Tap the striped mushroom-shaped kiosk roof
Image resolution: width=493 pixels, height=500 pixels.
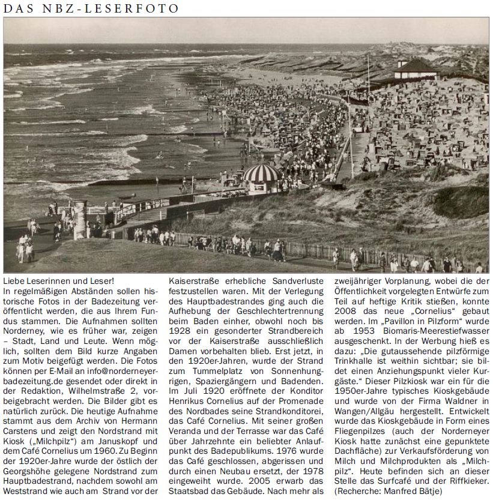pyautogui.click(x=262, y=173)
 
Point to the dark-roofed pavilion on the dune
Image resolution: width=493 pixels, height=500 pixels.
pyautogui.click(x=416, y=67)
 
